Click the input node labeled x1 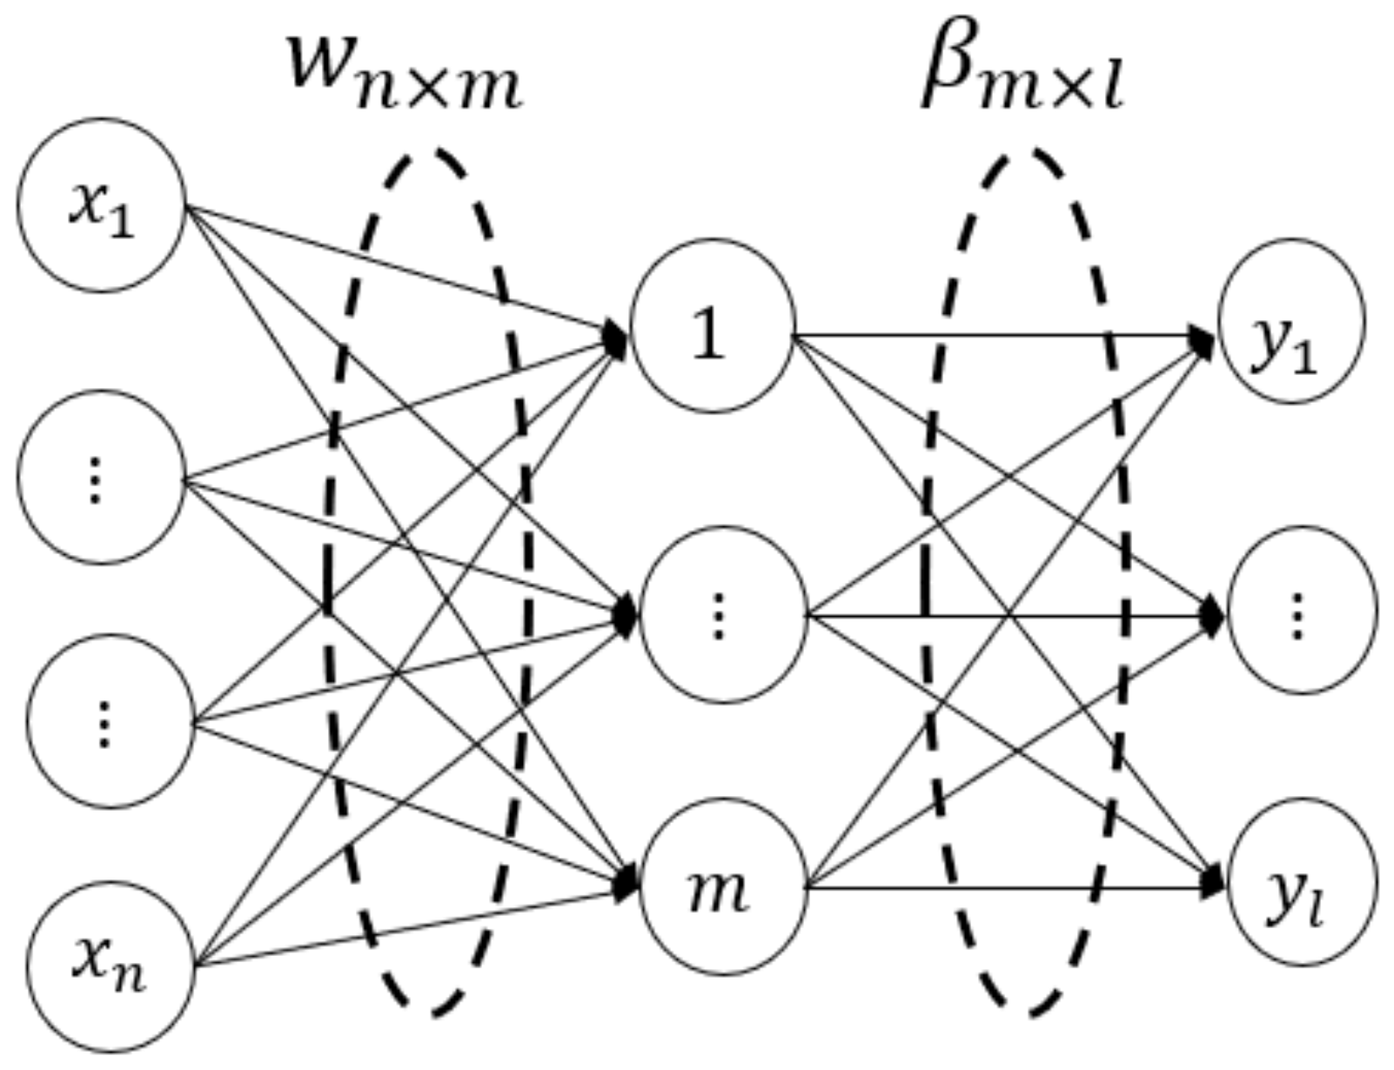click(x=102, y=205)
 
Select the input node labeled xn click(x=111, y=966)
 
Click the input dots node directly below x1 click(x=102, y=477)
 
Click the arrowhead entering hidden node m click(x=627, y=886)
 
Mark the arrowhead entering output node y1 click(x=1203, y=338)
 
